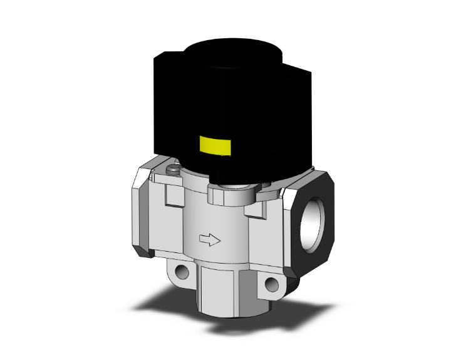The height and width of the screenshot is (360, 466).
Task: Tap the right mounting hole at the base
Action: point(271,285)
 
